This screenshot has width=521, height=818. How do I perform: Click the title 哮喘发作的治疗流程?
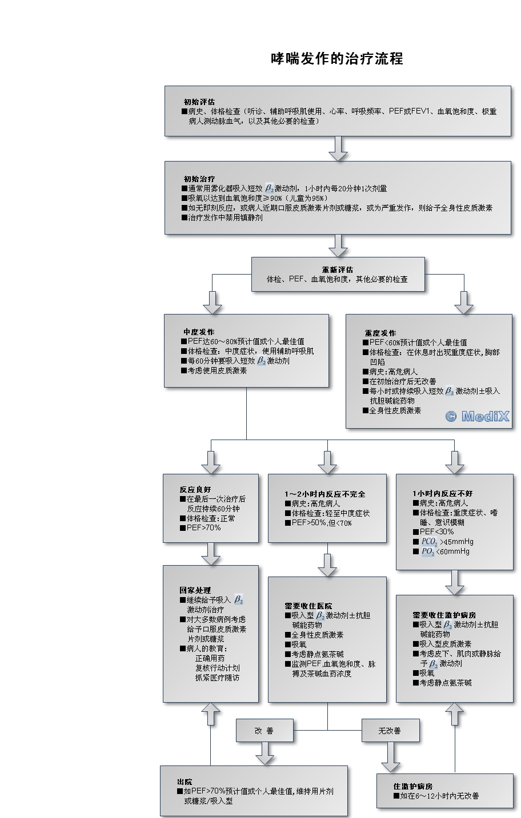(337, 59)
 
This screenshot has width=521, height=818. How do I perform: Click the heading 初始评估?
(199, 102)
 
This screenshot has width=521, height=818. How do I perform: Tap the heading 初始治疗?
(199, 179)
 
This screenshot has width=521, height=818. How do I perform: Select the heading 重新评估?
(338, 269)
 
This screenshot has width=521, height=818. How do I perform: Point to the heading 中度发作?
(199, 332)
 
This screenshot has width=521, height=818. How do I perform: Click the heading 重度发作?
(380, 333)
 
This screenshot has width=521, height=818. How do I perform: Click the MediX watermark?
(477, 416)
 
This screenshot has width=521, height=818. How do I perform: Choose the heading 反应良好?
(195, 489)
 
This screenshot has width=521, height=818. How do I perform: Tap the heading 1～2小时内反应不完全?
(325, 494)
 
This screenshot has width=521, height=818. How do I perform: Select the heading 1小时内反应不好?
(442, 493)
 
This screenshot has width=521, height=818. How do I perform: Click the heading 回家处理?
(195, 590)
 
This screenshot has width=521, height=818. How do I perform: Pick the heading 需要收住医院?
(308, 606)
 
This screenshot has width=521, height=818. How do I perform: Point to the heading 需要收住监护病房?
(444, 615)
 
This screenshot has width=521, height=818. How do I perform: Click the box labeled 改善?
(264, 730)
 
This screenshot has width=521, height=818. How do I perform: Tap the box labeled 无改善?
(390, 730)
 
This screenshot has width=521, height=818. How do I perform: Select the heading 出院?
(185, 782)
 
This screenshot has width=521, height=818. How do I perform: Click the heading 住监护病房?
(413, 786)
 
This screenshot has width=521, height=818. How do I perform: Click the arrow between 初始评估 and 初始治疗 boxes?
(338, 148)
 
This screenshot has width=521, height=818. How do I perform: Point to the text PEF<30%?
(436, 531)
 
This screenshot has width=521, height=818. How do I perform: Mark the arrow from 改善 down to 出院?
(264, 753)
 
